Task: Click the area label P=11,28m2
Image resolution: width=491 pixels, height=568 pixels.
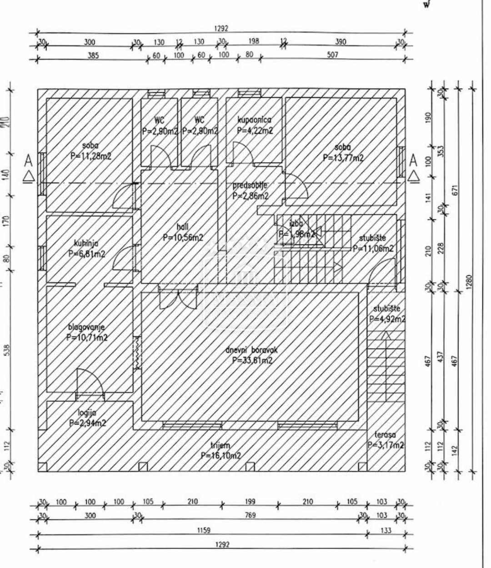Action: click(91, 155)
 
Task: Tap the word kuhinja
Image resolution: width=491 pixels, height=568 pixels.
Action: click(86, 243)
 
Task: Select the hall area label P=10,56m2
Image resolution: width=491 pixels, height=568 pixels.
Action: click(183, 237)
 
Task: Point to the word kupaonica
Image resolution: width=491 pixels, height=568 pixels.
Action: click(255, 120)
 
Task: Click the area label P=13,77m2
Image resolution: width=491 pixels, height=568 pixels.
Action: click(343, 158)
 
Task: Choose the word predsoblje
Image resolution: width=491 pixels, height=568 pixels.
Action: click(250, 185)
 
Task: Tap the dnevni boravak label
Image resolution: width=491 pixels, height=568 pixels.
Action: click(251, 350)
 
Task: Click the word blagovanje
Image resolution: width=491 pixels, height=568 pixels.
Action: click(86, 327)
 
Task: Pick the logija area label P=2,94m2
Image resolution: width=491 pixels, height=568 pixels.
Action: click(88, 423)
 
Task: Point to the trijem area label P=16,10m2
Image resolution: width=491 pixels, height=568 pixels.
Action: click(220, 456)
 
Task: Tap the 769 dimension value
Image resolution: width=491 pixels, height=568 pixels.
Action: click(250, 515)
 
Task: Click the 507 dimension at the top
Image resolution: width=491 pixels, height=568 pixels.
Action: click(333, 55)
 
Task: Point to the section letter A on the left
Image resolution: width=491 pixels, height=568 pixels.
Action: click(29, 161)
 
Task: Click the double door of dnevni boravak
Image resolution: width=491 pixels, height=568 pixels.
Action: click(178, 297)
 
